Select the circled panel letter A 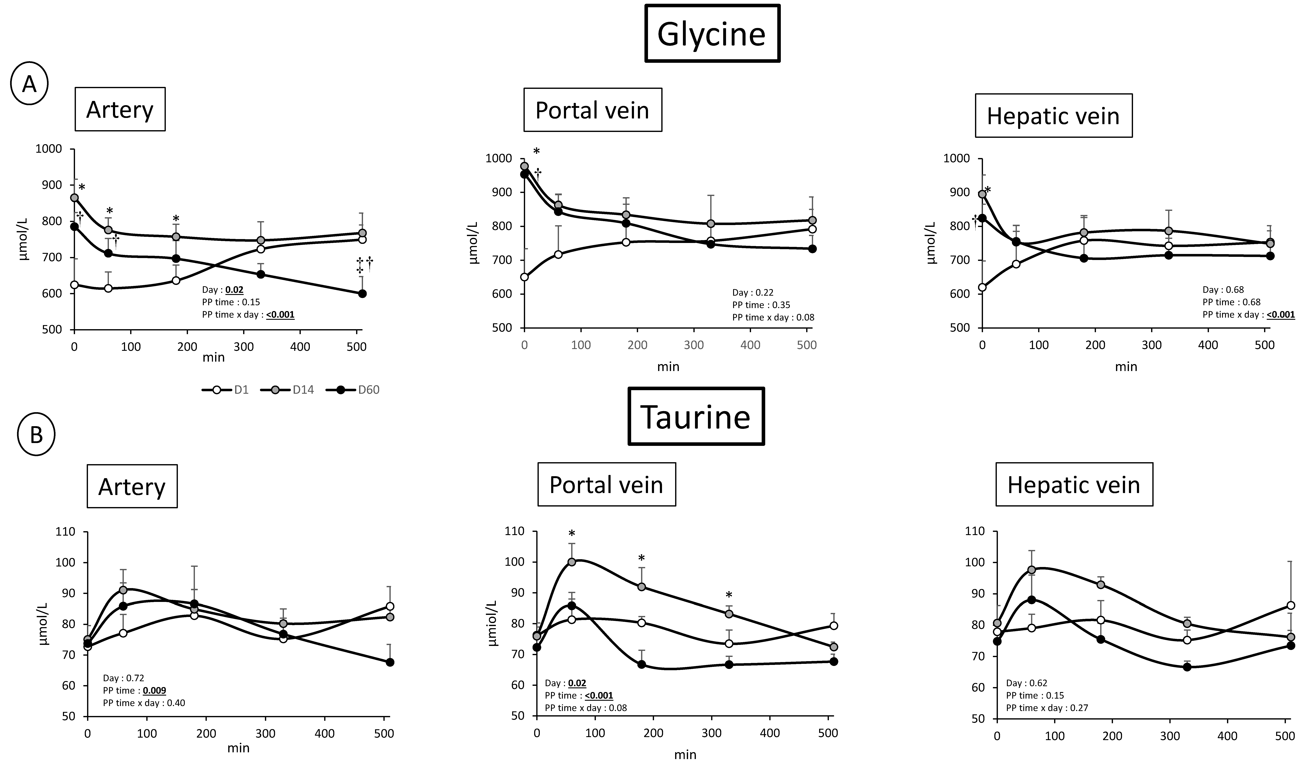pos(29,84)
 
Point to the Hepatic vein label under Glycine pos(1053,115)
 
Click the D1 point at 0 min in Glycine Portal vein pos(525,277)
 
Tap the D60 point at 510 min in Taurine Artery pos(390,662)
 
